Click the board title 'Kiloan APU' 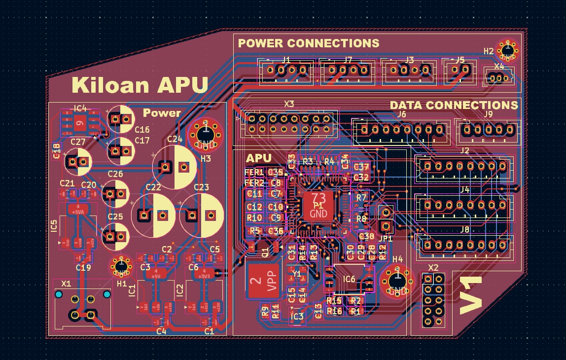pyautogui.click(x=140, y=85)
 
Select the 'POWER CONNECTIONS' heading pyautogui.click(x=309, y=43)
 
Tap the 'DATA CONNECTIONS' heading pyautogui.click(x=454, y=105)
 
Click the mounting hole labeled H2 pyautogui.click(x=507, y=49)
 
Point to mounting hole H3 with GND pyautogui.click(x=206, y=133)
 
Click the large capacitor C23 pyautogui.click(x=201, y=215)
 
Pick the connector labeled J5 pyautogui.click(x=459, y=71)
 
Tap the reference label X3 pyautogui.click(x=289, y=104)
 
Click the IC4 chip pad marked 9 pyautogui.click(x=79, y=123)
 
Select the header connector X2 pyautogui.click(x=433, y=300)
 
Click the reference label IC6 pyautogui.click(x=349, y=279)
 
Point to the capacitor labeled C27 pyautogui.click(x=78, y=161)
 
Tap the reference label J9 pyautogui.click(x=488, y=114)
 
